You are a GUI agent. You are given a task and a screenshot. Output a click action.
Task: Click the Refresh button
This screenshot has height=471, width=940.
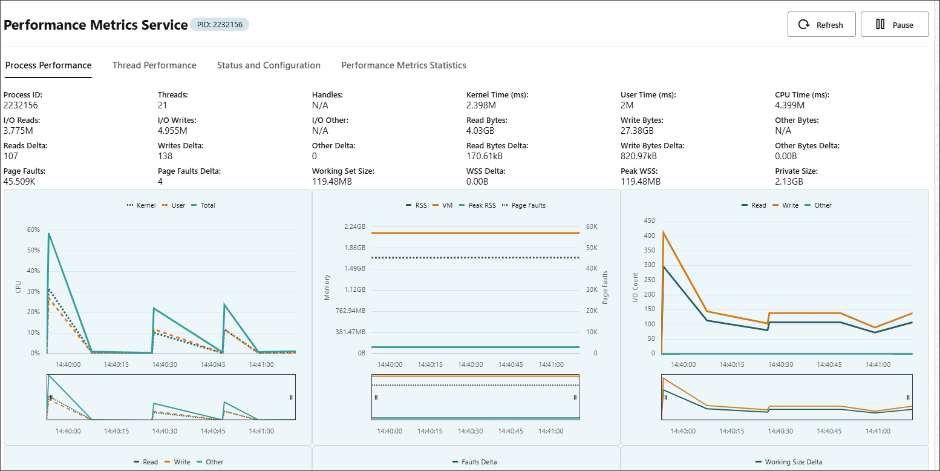[x=821, y=25]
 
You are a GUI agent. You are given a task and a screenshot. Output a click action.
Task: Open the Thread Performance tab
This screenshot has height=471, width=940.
[x=154, y=65]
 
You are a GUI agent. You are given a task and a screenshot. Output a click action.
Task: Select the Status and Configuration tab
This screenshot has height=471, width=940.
[x=269, y=65]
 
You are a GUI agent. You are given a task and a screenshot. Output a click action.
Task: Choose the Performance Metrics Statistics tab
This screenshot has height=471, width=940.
[x=403, y=65]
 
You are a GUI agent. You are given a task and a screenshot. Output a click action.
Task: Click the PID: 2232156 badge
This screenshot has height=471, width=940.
[x=220, y=25]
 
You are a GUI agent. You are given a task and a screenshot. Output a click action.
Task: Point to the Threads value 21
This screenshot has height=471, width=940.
[x=162, y=105]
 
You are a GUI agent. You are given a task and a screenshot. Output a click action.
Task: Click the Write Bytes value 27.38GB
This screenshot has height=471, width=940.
[x=637, y=131]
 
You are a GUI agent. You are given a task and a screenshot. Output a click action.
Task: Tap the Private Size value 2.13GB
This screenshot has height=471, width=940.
[x=789, y=182]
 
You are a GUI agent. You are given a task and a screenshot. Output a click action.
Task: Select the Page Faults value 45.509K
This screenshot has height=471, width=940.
[x=19, y=182]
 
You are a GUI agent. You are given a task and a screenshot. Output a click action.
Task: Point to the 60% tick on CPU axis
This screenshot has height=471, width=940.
[x=33, y=229]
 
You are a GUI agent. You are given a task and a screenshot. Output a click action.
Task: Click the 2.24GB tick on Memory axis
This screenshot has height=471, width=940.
[x=354, y=226]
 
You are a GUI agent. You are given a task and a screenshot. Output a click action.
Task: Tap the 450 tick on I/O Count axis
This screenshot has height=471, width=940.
[x=649, y=220]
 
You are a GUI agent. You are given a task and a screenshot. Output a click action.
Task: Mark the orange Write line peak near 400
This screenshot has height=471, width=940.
[x=664, y=232]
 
